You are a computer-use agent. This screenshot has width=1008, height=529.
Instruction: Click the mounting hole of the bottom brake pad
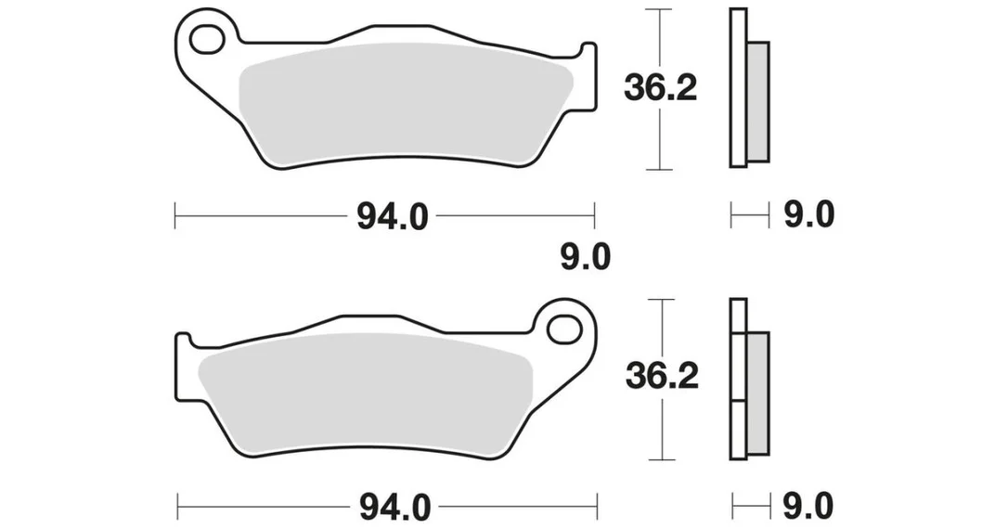coord(564,329)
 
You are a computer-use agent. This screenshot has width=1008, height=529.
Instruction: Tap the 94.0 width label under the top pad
coord(392,217)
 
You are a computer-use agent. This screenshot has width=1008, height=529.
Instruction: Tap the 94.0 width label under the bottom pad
coord(394,508)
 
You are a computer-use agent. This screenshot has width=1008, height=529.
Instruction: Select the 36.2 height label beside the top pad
coord(661,89)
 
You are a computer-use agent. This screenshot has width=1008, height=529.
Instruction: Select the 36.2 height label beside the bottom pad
coord(662,376)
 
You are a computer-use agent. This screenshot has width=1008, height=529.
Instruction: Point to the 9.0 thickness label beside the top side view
coord(808,214)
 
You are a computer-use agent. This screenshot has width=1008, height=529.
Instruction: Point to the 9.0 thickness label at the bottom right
coord(808,506)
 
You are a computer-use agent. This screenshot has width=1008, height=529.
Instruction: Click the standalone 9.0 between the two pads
coord(585,258)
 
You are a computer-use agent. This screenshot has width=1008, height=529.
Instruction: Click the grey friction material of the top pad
coord(405,103)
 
